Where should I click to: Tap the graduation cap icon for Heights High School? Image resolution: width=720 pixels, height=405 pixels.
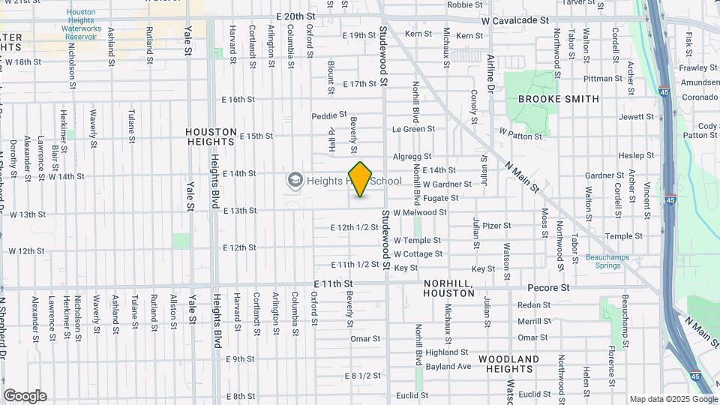[295, 180]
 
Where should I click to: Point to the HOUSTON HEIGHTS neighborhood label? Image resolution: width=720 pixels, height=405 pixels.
[211, 136]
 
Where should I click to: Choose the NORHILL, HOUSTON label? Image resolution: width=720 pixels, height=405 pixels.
[448, 288]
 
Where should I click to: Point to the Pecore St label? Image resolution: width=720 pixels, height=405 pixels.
[548, 287]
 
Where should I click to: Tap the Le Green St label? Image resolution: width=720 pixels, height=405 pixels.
[409, 129]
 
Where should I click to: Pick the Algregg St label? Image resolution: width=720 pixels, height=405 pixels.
[412, 157]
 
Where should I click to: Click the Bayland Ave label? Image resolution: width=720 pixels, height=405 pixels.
[448, 367]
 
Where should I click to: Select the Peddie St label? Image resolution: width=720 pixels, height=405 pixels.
[329, 116]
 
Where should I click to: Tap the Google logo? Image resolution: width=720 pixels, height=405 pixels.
[25, 396]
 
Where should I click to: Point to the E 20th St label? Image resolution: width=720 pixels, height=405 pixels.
[294, 16]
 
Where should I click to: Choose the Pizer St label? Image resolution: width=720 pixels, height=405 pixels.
[496, 225]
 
